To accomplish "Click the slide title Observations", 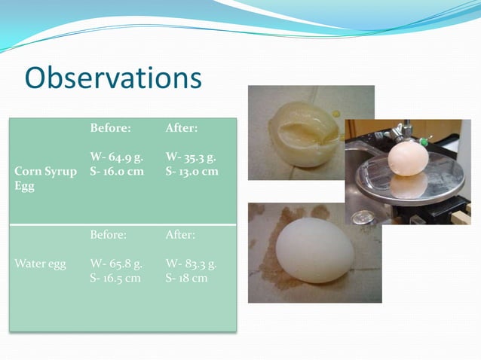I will pos(113,78).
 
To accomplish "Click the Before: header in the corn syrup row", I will pos(110,129).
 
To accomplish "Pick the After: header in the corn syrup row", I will pos(182,129).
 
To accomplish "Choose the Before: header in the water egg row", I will pos(108,235).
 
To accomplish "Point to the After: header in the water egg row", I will pos(180,235).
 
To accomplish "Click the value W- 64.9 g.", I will pos(117,157).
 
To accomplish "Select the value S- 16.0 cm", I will pos(117,171).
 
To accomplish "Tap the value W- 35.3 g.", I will pos(191,157).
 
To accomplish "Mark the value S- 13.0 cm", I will pos(191,171).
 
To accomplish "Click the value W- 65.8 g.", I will pos(117,264).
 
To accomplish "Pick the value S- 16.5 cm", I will pos(115,278).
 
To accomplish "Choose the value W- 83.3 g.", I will pos(191,264).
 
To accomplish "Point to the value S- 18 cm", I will pos(186,278).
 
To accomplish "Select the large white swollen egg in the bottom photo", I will pos(315,249).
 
